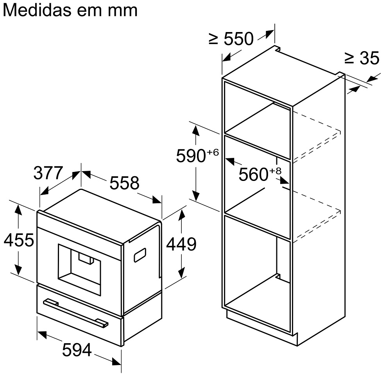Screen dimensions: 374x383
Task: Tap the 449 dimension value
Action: click(x=181, y=244)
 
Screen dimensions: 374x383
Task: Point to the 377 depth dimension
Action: click(x=48, y=173)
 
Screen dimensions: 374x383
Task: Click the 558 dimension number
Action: click(x=124, y=183)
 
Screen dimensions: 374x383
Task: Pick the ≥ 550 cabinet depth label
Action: click(x=231, y=38)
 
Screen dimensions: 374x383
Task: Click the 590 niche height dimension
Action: click(x=191, y=156)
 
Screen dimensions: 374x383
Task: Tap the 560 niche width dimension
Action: click(x=253, y=174)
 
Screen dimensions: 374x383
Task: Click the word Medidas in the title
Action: click(x=38, y=10)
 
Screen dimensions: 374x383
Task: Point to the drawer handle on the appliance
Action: click(x=76, y=312)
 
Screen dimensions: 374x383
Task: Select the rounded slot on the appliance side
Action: click(x=140, y=255)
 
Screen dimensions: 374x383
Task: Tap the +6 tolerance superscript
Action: click(x=213, y=151)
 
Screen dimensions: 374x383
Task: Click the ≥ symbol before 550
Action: click(x=213, y=39)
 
